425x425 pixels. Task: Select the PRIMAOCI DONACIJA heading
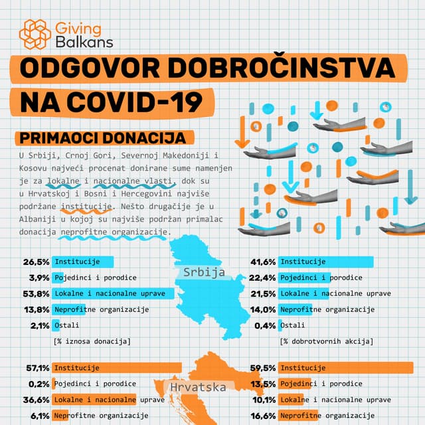pos(102,138)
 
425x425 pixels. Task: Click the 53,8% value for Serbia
pos(36,293)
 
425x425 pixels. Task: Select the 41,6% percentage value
pos(263,262)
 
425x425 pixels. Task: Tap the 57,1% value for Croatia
pos(36,368)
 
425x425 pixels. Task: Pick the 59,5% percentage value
pos(263,368)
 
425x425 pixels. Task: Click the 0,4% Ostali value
pos(265,325)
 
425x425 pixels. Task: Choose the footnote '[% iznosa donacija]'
pos(92,341)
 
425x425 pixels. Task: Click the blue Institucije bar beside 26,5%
pos(82,262)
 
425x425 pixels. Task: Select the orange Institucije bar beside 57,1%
pos(116,368)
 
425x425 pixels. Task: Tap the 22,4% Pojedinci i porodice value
pos(263,278)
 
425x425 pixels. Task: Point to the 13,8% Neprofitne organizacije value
pos(36,309)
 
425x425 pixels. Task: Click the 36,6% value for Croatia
pos(36,400)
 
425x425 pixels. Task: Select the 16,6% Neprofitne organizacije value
pos(263,416)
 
